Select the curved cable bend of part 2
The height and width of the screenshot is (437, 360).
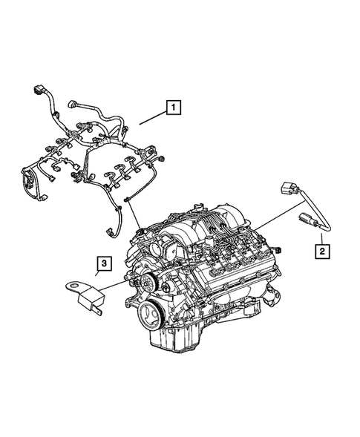click(x=319, y=215)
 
